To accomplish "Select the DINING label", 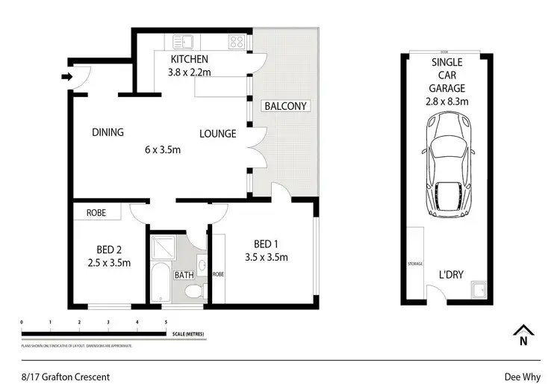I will tap(108, 133).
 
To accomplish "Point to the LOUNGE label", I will tap(217, 134).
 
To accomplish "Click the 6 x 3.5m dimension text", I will tap(163, 149).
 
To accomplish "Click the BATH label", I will tap(184, 275).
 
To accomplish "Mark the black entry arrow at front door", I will tap(66, 76).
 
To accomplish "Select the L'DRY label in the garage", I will tap(451, 275).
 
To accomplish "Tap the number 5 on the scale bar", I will tap(166, 322).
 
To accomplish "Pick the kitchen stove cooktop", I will tap(237, 42).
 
